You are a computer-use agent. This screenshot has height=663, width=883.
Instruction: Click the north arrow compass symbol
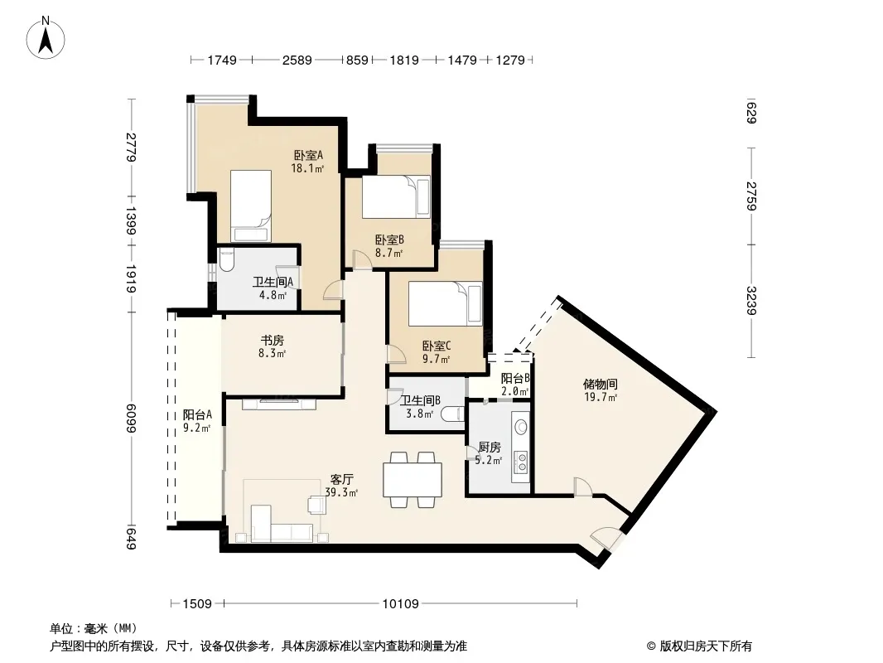(x=46, y=37)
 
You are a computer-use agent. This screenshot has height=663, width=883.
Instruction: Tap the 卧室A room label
(x=308, y=155)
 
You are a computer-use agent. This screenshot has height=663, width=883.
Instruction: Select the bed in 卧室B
(x=396, y=196)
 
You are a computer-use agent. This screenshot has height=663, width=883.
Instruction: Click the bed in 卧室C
(x=445, y=303)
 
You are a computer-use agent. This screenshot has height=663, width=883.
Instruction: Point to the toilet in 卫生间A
(x=226, y=259)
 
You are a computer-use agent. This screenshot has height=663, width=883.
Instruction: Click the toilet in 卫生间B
(x=453, y=414)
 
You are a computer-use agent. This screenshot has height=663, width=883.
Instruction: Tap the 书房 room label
(x=272, y=341)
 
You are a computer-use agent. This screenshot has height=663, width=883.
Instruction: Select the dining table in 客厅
(x=413, y=479)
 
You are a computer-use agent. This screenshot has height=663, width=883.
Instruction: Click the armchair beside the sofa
(x=317, y=504)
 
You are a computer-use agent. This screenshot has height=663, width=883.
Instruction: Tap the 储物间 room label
(x=601, y=385)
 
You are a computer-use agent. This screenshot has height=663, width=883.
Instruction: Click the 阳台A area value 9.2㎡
(x=196, y=428)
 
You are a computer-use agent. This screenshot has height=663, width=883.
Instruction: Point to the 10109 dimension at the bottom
(x=400, y=604)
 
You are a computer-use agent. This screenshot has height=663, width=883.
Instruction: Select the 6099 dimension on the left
(x=131, y=419)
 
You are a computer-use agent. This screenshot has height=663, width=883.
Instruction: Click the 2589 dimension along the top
(x=297, y=60)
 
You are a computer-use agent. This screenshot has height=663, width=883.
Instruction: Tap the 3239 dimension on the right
(x=751, y=301)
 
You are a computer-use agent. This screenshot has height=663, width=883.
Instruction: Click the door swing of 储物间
(x=583, y=486)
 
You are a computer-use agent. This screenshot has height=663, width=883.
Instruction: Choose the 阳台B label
(x=515, y=379)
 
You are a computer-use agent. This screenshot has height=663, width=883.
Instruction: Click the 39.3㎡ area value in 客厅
(x=341, y=492)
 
